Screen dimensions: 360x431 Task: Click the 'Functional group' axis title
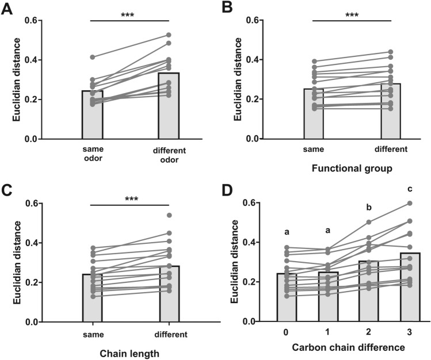(x=351, y=169)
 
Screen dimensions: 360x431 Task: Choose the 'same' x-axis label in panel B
(x=313, y=149)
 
